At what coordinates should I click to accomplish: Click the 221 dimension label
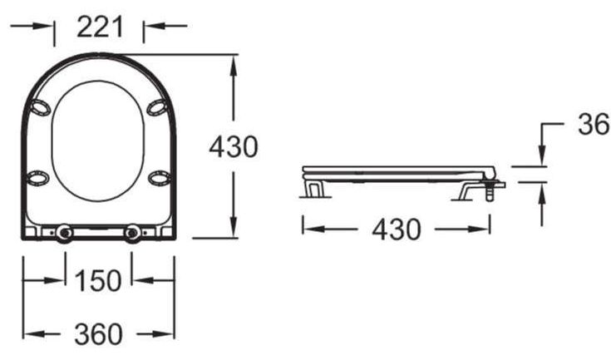[100, 27]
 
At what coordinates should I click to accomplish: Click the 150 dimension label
[98, 280]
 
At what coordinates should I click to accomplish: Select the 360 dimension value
[98, 334]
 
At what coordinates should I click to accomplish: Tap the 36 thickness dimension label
[593, 125]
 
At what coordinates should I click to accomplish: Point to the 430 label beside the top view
[234, 147]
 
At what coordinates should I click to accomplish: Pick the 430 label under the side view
[397, 229]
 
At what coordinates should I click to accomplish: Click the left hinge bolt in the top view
[64, 233]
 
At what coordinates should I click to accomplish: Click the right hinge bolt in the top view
[132, 233]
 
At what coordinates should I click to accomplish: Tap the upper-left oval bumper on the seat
[41, 107]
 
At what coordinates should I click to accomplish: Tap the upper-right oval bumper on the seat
[157, 107]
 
